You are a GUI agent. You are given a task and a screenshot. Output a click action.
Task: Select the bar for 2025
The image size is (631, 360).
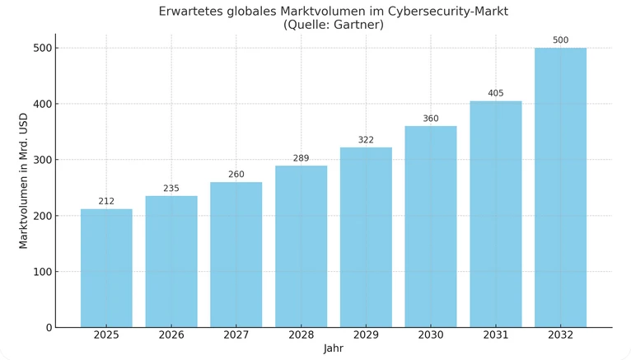tap(106, 268)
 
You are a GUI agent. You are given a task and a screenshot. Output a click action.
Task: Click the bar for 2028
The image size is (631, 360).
tap(301, 246)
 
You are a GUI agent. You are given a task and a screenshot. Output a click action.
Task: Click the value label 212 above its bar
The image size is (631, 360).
tap(106, 201)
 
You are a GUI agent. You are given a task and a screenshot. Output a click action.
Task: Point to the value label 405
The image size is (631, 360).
tap(495, 93)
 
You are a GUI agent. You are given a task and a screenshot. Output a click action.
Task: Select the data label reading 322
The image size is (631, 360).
tap(366, 140)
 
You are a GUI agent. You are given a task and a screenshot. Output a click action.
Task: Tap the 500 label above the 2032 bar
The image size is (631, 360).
tap(560, 40)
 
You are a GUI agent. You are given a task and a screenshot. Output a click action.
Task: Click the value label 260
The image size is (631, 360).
tap(236, 175)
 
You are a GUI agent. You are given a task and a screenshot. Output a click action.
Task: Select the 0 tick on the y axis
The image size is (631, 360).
tap(48, 328)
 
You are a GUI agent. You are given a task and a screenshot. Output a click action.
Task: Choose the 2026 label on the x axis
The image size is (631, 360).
tap(171, 335)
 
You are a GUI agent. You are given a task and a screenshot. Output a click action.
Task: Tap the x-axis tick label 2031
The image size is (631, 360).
tap(495, 335)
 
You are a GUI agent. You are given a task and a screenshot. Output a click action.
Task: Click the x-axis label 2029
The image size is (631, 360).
tap(366, 335)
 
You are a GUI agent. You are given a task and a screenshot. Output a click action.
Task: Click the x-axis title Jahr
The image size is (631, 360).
tap(334, 349)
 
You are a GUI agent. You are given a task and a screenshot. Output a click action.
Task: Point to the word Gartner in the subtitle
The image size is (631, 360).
tap(355, 26)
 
